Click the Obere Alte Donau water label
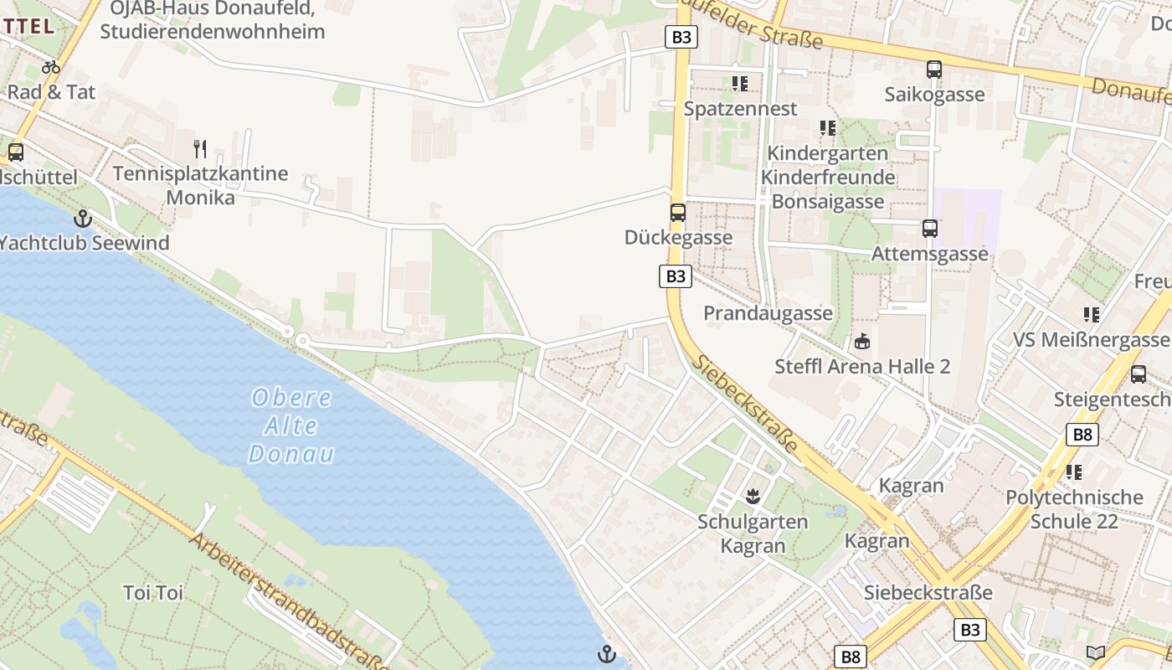pyautogui.click(x=291, y=425)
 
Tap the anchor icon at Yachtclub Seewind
pyautogui.click(x=82, y=219)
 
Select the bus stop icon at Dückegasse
pyautogui.click(x=678, y=213)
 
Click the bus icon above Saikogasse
pyautogui.click(x=934, y=70)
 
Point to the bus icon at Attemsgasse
pyautogui.click(x=930, y=228)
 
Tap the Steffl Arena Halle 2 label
pyautogui.click(x=862, y=366)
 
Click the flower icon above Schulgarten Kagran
pyautogui.click(x=753, y=497)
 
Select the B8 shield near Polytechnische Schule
pyautogui.click(x=1082, y=434)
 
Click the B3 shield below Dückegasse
pyautogui.click(x=676, y=276)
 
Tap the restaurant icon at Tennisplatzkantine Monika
pyautogui.click(x=199, y=149)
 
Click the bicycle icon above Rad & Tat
pyautogui.click(x=51, y=67)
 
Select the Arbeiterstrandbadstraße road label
pyautogui.click(x=290, y=598)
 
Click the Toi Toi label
pyautogui.click(x=153, y=593)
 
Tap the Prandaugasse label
pyautogui.click(x=768, y=313)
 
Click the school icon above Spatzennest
pyautogui.click(x=740, y=83)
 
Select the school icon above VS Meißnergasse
pyautogui.click(x=1092, y=315)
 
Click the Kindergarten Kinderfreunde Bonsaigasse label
pyautogui.click(x=827, y=178)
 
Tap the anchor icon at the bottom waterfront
pyautogui.click(x=607, y=655)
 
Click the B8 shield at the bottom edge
pyautogui.click(x=851, y=657)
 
